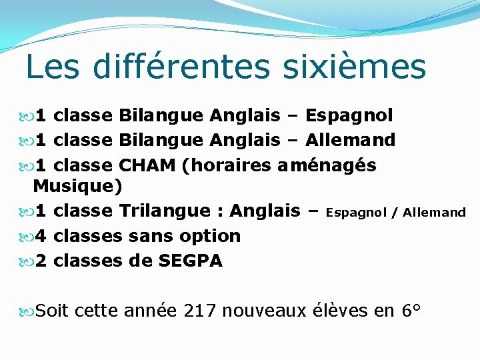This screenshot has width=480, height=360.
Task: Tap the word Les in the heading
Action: coord(55,67)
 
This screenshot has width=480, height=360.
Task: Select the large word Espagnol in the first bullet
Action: coord(349,117)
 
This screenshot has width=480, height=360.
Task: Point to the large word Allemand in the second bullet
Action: coord(351,141)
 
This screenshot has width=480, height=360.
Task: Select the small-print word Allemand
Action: coord(434,213)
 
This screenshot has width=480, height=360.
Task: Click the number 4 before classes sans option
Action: coord(41,236)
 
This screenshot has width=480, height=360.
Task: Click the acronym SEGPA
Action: coord(191,261)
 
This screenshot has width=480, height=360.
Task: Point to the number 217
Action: coord(200,311)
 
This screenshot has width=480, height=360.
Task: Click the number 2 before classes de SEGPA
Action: coord(41,261)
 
